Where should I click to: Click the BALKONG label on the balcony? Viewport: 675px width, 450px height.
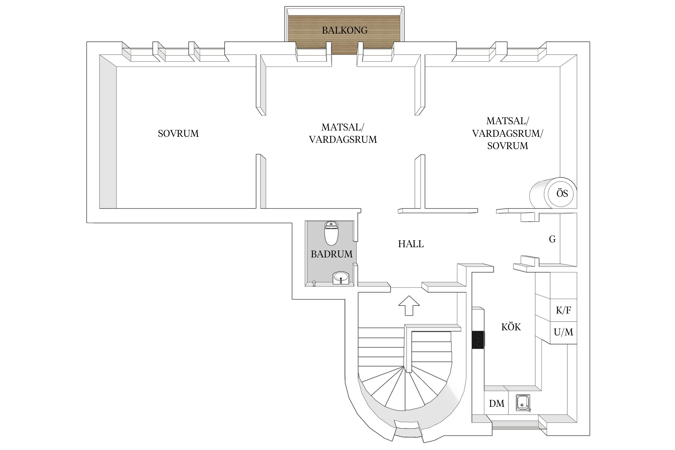coord(345,30)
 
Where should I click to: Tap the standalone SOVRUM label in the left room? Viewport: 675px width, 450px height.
coord(178,133)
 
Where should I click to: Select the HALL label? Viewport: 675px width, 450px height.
coord(411,244)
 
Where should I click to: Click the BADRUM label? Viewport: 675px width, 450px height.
coord(331,254)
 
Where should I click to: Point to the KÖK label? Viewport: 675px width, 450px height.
coord(511,327)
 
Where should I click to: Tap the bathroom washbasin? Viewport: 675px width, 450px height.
coord(341,277)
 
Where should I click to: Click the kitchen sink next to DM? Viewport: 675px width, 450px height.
coord(523,403)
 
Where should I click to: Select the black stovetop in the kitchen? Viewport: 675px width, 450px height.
coord(478,340)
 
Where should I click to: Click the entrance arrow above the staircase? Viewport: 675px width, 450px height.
coord(409,305)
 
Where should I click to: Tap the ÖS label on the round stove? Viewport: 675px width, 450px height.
coord(562,193)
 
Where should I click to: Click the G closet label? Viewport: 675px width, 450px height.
coord(552,239)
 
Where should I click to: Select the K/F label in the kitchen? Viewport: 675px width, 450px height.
coord(563,310)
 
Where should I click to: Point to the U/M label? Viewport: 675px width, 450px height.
coord(563,332)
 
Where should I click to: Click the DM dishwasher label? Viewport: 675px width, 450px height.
coord(496,403)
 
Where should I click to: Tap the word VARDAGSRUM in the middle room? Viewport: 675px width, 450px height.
coord(343,139)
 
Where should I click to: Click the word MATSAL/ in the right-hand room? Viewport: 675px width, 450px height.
coord(508,121)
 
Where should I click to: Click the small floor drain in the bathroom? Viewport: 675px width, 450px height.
coord(314,283)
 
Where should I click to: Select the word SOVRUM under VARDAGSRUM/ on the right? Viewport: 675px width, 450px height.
coord(508,146)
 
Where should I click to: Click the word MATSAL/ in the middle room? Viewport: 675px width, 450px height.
coord(343,127)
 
